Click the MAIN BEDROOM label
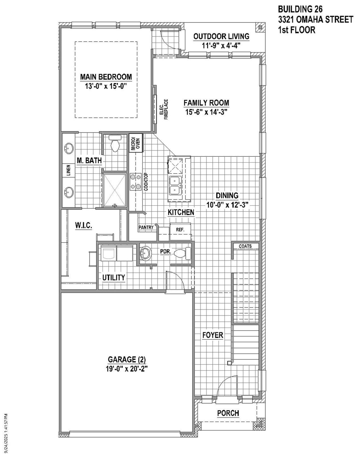[106, 77]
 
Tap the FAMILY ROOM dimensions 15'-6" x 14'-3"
[206, 112]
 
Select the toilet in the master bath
[115, 144]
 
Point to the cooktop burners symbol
[135, 182]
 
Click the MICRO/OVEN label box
[136, 143]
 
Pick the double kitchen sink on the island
[174, 185]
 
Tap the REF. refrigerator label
[180, 229]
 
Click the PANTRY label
[146, 227]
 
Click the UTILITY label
[113, 277]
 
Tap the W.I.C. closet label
[83, 225]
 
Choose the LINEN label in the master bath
[69, 170]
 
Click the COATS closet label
[245, 246]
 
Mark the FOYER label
[213, 335]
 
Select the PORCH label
[228, 413]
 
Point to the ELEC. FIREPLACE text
[164, 109]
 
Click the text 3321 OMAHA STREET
[316, 19]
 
